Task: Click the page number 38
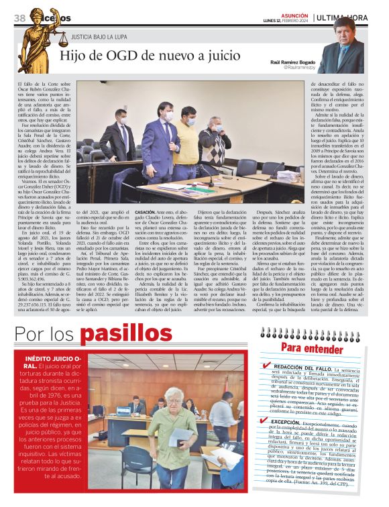pyautogui.click(x=19, y=17)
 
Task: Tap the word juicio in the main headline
pyautogui.click(x=216, y=56)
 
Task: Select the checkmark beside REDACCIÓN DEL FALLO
pyautogui.click(x=268, y=366)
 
